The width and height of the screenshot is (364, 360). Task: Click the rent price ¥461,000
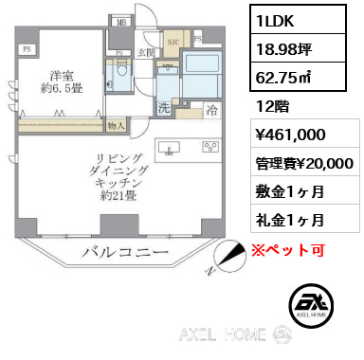click(x=290, y=136)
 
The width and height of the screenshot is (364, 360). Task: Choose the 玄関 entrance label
click(x=148, y=53)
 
